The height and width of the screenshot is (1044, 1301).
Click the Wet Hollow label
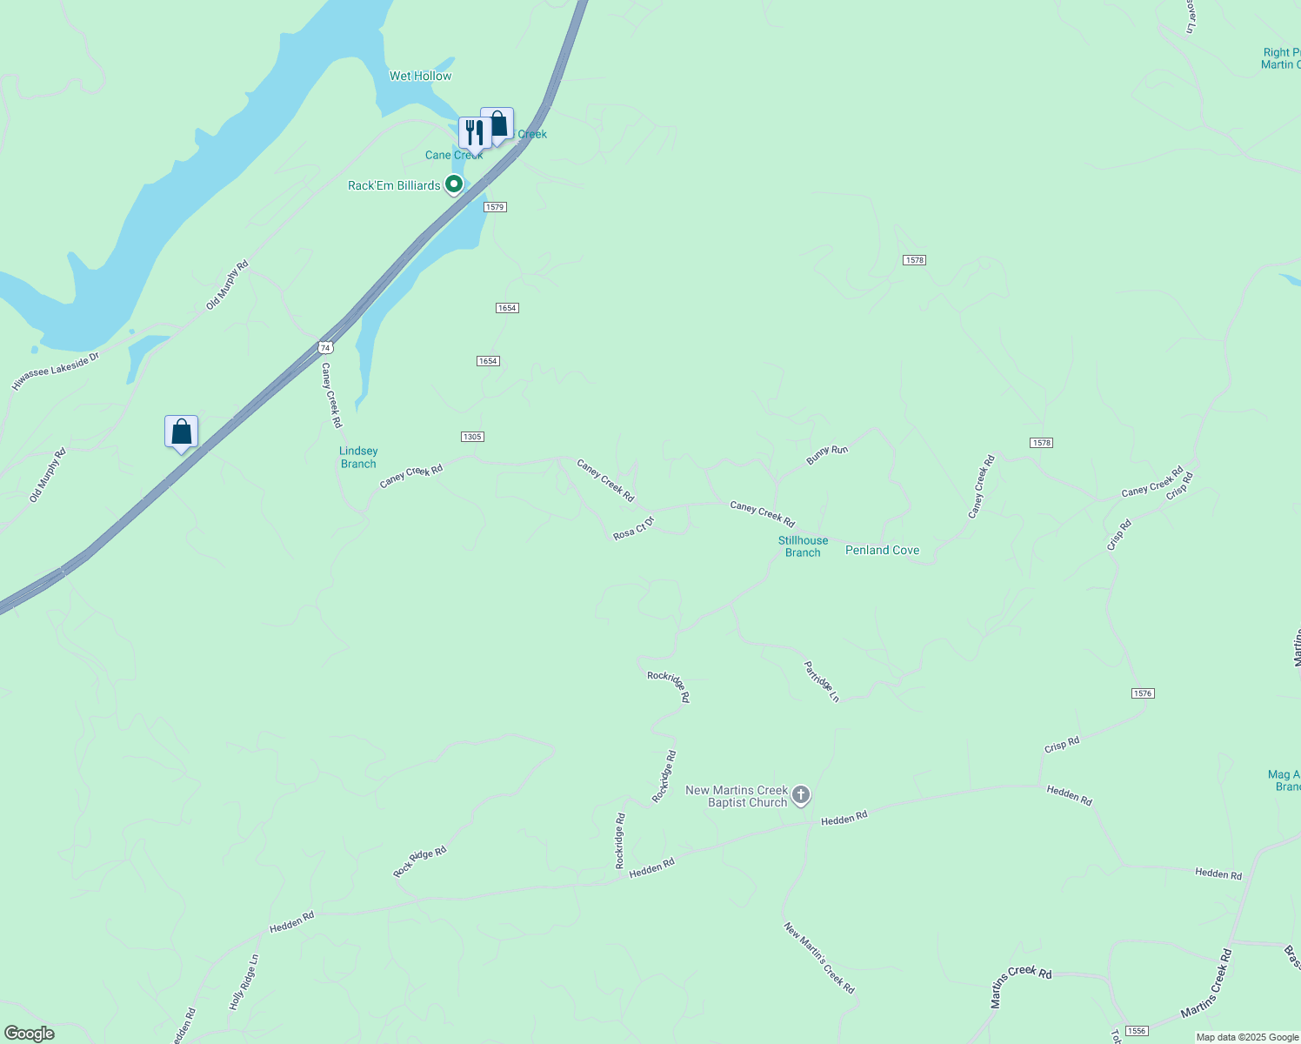[x=420, y=76]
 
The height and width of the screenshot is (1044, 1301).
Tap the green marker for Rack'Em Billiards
[x=453, y=184]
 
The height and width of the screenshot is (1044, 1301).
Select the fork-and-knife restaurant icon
[x=474, y=133]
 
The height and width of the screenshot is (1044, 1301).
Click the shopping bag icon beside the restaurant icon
[x=498, y=124]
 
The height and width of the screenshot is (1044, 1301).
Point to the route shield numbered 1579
[x=495, y=207]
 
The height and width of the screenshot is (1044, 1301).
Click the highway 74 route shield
[x=325, y=347]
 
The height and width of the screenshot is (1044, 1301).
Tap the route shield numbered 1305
[x=472, y=437]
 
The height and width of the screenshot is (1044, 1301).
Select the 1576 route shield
[x=1143, y=693]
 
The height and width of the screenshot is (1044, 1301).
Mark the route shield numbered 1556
[x=1136, y=1031]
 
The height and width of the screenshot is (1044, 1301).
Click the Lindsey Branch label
[x=358, y=457]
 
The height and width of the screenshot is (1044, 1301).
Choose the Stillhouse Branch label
[x=803, y=546]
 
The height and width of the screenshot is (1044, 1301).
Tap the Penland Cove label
[x=882, y=550]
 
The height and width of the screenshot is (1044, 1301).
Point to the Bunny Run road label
[x=826, y=454]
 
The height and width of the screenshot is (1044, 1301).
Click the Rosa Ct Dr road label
[x=633, y=528]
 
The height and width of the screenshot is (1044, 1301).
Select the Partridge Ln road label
[x=821, y=681]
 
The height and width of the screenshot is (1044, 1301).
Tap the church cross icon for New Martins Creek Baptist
[x=801, y=795]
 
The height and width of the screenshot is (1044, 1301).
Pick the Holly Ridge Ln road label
[x=244, y=982]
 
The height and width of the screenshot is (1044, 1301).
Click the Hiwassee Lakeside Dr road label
[x=56, y=371]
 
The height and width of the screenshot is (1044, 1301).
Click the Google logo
[x=29, y=1034]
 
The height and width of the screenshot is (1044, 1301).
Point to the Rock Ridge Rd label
[x=419, y=861]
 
